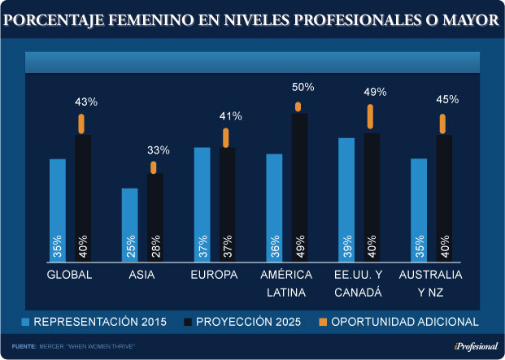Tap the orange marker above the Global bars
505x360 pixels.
[x=82, y=124]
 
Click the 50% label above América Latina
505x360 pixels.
[x=303, y=87]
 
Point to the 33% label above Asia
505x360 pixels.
[x=158, y=150]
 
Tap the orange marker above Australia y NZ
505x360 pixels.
[x=443, y=124]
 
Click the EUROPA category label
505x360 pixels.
[x=214, y=275]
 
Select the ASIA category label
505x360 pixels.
[x=141, y=275]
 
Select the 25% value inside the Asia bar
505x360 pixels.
[x=130, y=245]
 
